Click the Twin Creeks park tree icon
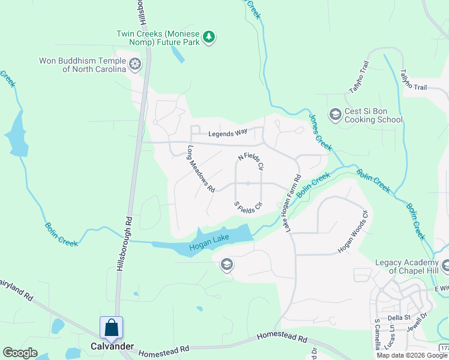click(209, 38)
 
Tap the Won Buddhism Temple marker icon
click(136, 64)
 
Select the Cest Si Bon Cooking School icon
click(335, 113)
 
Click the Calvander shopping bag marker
click(111, 328)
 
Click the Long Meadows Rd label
click(201, 169)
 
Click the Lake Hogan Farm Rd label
click(292, 203)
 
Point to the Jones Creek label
click(321, 132)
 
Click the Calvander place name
click(112, 346)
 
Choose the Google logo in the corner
click(20, 353)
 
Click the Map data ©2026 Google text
click(412, 355)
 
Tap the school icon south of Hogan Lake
click(227, 265)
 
